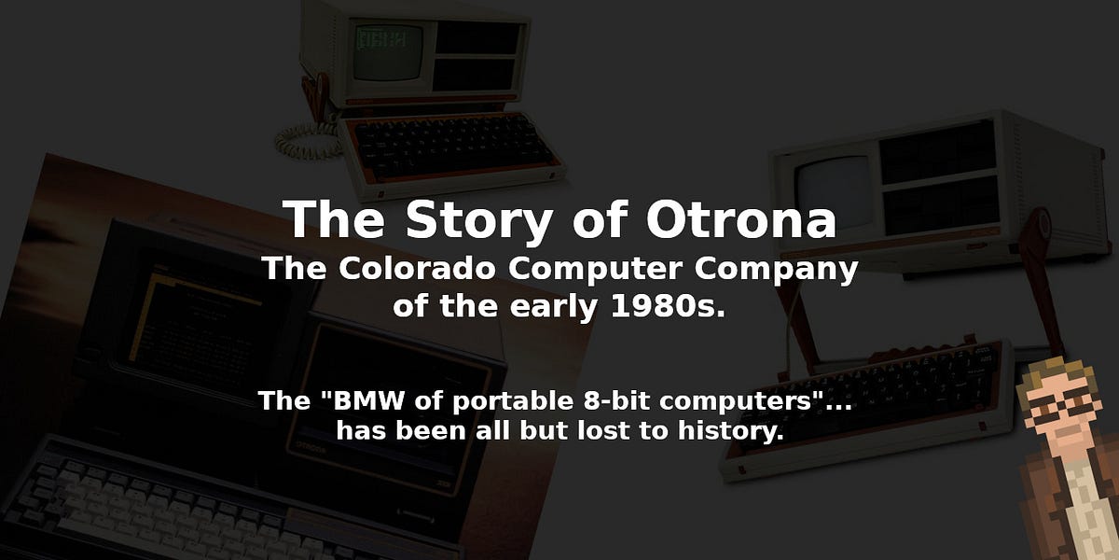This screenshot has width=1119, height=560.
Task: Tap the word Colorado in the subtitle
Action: tap(411, 270)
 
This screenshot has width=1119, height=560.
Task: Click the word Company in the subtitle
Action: tap(779, 270)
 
